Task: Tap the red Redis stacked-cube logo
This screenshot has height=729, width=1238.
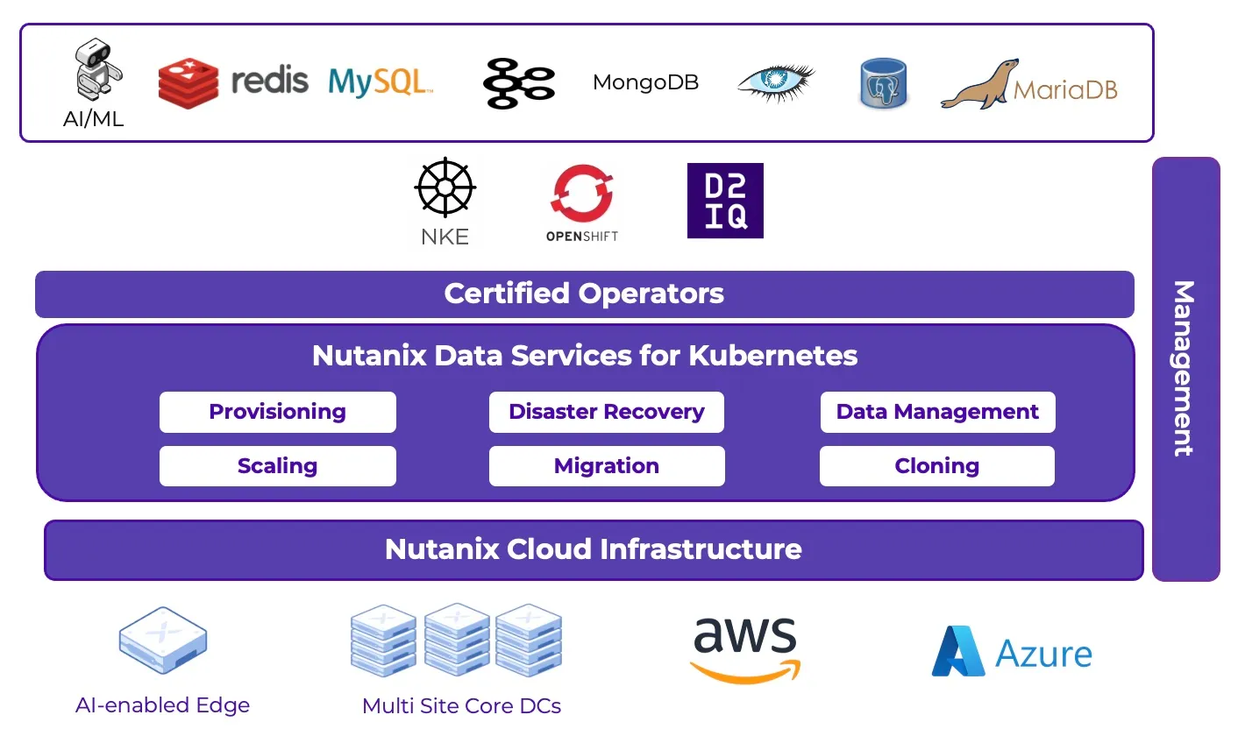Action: (188, 82)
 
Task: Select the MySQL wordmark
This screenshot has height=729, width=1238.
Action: (380, 82)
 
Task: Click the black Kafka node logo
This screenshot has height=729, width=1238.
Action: (518, 83)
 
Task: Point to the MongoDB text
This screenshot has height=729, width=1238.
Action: (645, 82)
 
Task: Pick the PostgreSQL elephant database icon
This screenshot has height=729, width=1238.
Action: (882, 83)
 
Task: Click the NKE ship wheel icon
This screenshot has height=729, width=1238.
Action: (445, 188)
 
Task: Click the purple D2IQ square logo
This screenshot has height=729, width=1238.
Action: (725, 201)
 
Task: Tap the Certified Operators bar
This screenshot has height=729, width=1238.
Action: (584, 294)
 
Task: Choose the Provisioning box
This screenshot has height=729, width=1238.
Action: (277, 412)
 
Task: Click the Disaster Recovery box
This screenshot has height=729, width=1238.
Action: (606, 412)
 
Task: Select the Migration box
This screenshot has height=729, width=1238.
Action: (606, 466)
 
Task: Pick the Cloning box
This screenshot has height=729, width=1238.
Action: (936, 466)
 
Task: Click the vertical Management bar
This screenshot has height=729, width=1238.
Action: (1185, 368)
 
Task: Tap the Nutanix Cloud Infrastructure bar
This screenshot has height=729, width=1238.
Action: (594, 549)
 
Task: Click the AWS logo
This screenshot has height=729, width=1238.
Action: (745, 648)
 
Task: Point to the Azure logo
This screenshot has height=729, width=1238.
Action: (1012, 653)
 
